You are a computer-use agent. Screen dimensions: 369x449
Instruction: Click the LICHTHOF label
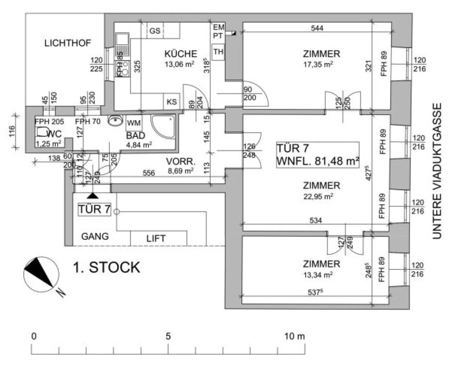[x=68, y=43]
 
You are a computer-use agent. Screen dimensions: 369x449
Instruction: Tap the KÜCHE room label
[x=181, y=54]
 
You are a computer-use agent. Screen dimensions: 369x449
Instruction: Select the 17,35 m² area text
[x=318, y=64]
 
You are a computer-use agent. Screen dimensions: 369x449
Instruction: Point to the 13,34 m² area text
[x=318, y=274]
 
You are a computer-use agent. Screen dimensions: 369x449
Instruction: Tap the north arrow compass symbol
[x=40, y=273]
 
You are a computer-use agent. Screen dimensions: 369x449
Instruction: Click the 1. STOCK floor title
[x=107, y=268]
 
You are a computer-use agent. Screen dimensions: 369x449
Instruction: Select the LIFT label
[x=156, y=238]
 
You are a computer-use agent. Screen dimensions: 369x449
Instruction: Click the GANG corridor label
[x=95, y=236]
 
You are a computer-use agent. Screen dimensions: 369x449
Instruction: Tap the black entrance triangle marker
[x=92, y=196]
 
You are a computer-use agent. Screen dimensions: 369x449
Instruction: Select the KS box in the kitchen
[x=172, y=102]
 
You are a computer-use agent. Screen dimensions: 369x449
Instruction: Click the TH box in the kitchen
[x=218, y=52]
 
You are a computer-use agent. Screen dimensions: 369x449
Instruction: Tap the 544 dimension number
[x=317, y=28]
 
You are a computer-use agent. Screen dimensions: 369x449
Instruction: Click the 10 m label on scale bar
[x=294, y=336]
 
